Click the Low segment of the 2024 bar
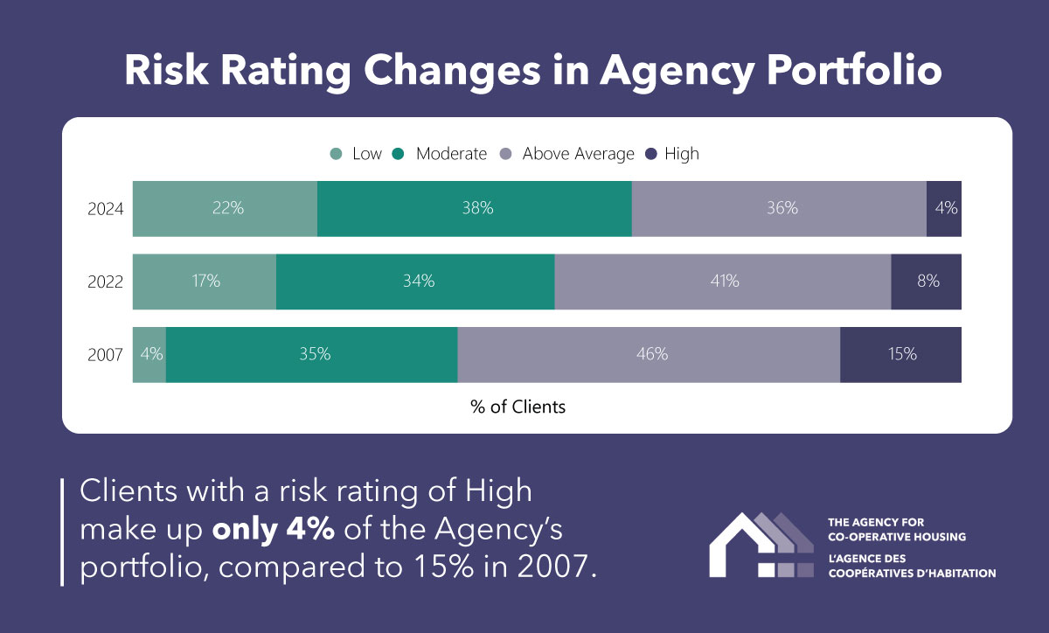225,209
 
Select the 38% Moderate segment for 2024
474,209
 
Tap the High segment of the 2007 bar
900,355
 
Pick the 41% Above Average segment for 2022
722,282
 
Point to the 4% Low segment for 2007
149,355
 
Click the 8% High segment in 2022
926,282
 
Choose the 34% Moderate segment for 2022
415,282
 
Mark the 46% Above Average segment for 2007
649,355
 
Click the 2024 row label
105,209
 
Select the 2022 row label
105,282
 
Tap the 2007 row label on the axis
105,355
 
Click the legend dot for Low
336,154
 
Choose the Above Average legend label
578,154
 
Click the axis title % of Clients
518,407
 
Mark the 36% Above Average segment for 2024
779,209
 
